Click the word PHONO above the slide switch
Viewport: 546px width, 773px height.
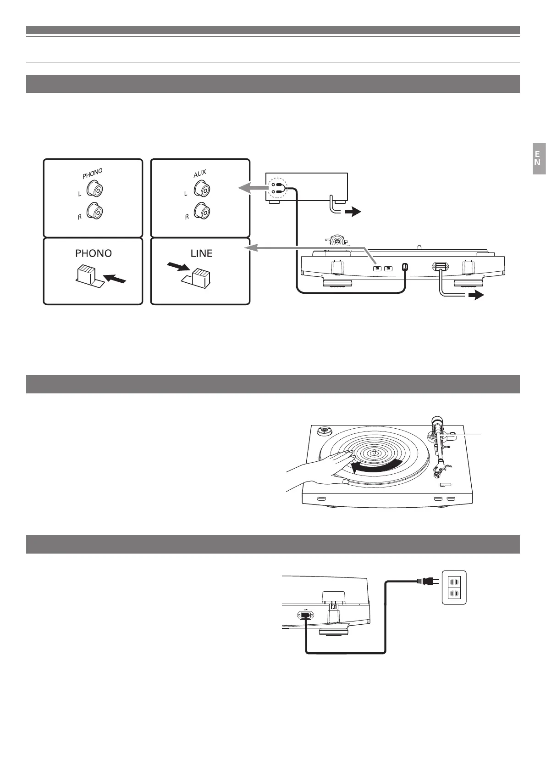(x=94, y=253)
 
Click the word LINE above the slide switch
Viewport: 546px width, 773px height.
(x=200, y=253)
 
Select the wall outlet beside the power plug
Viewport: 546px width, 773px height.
(x=453, y=588)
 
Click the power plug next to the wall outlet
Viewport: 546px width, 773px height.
(x=425, y=582)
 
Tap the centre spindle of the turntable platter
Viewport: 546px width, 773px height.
(x=374, y=452)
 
